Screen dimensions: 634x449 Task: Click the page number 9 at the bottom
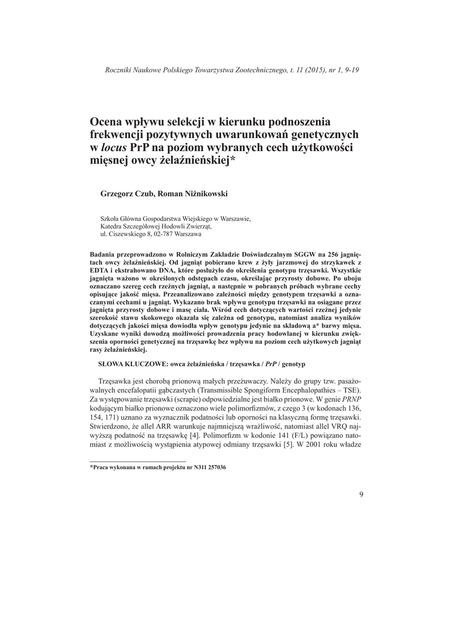click(361, 493)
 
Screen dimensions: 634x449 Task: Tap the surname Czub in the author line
click(143, 194)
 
